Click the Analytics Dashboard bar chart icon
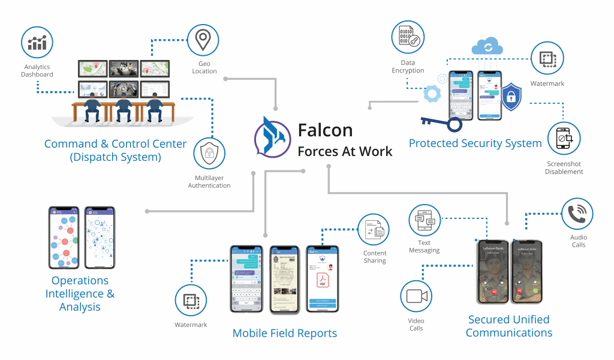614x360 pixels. [x=37, y=43]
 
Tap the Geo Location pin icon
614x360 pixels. [x=204, y=40]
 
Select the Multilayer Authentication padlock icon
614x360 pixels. [x=209, y=153]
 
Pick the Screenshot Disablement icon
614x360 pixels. [x=564, y=139]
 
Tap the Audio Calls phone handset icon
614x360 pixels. [x=577, y=214]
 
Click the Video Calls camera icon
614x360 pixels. [x=416, y=296]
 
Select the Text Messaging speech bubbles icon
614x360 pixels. [x=425, y=220]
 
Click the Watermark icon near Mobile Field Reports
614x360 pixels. [x=191, y=301]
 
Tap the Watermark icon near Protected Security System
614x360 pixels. [x=547, y=58]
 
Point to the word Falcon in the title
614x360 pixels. [x=325, y=130]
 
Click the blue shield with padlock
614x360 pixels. [x=510, y=98]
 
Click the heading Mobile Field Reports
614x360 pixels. [x=284, y=333]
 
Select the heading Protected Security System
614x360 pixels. [x=475, y=143]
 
